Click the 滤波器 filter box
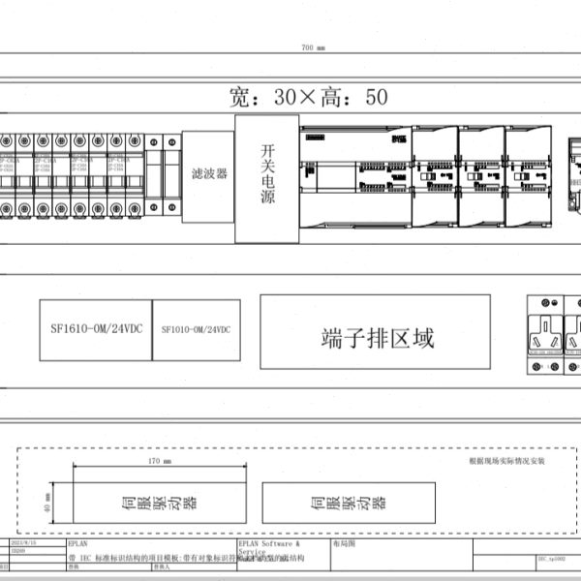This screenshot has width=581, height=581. (x=208, y=174)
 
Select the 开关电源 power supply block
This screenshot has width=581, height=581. (x=266, y=178)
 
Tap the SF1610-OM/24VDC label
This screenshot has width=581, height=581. (x=95, y=330)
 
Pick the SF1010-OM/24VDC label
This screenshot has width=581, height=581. (x=196, y=330)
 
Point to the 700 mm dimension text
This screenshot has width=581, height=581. (x=313, y=47)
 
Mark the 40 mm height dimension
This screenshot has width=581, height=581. (x=47, y=501)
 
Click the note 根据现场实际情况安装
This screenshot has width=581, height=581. (x=506, y=461)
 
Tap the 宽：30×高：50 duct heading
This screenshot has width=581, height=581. (x=308, y=97)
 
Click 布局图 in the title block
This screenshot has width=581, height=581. (x=345, y=545)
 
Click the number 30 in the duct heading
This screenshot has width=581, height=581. (x=287, y=97)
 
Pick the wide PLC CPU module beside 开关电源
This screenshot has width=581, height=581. (x=355, y=176)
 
